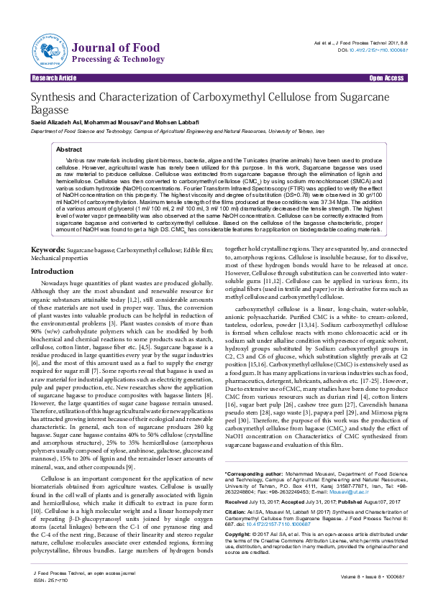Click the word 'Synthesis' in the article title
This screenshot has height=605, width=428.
point(57,97)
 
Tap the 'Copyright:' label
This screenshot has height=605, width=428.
point(218,535)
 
